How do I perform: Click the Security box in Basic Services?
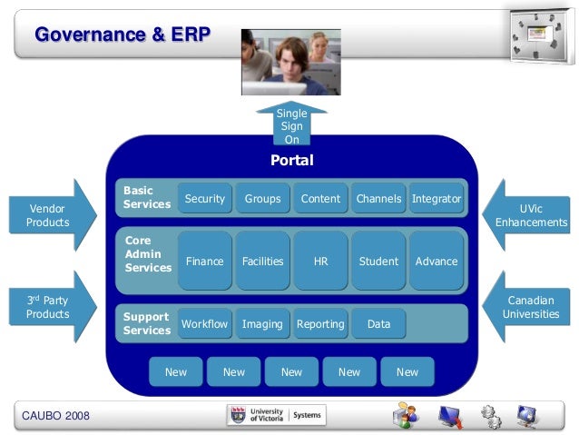[x=204, y=199]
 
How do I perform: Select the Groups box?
[x=262, y=199]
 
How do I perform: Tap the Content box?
[x=320, y=199]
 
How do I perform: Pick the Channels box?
[x=378, y=199]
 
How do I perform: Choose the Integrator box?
[x=437, y=199]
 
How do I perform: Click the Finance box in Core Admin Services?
[x=204, y=261]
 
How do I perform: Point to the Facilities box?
[x=262, y=261]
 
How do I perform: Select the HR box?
[x=320, y=261]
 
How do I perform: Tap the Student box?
[x=378, y=261]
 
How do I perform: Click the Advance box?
[x=437, y=261]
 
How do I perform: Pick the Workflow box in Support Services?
[x=204, y=323]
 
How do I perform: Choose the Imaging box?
[x=262, y=323]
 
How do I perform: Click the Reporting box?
[x=320, y=323]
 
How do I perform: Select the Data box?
[x=378, y=323]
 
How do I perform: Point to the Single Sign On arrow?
[x=291, y=125]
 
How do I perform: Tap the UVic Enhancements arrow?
[x=531, y=215]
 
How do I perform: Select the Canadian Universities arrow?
[x=531, y=306]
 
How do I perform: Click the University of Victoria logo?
[x=276, y=415]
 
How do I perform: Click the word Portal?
[x=291, y=161]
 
